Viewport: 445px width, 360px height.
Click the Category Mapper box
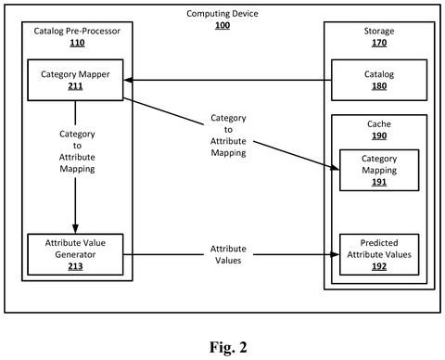click(x=75, y=80)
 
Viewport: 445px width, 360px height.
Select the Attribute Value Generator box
click(x=75, y=254)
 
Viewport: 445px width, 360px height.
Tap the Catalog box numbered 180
click(x=379, y=80)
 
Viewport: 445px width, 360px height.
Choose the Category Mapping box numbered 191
click(x=379, y=170)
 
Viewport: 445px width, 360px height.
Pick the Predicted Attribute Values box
click(x=379, y=254)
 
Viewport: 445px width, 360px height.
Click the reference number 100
click(x=222, y=25)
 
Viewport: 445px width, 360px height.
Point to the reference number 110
click(x=77, y=43)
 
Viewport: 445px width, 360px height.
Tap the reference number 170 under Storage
click(x=379, y=43)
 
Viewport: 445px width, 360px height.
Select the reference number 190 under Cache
click(x=379, y=135)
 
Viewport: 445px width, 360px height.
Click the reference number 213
click(x=75, y=266)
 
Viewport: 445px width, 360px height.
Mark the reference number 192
click(x=379, y=266)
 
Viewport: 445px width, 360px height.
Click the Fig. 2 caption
click(x=228, y=347)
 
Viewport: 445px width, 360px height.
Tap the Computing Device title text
click(x=222, y=14)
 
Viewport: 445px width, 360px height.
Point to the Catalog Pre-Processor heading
click(x=77, y=31)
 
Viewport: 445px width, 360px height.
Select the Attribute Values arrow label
click(x=228, y=254)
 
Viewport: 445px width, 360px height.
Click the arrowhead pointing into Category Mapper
click(x=128, y=80)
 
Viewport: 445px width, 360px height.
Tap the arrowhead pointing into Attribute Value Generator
click(x=75, y=229)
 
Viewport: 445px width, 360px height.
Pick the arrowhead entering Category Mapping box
click(x=335, y=168)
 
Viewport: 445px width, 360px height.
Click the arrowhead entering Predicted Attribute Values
click(x=335, y=254)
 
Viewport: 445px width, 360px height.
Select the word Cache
click(x=379, y=124)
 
